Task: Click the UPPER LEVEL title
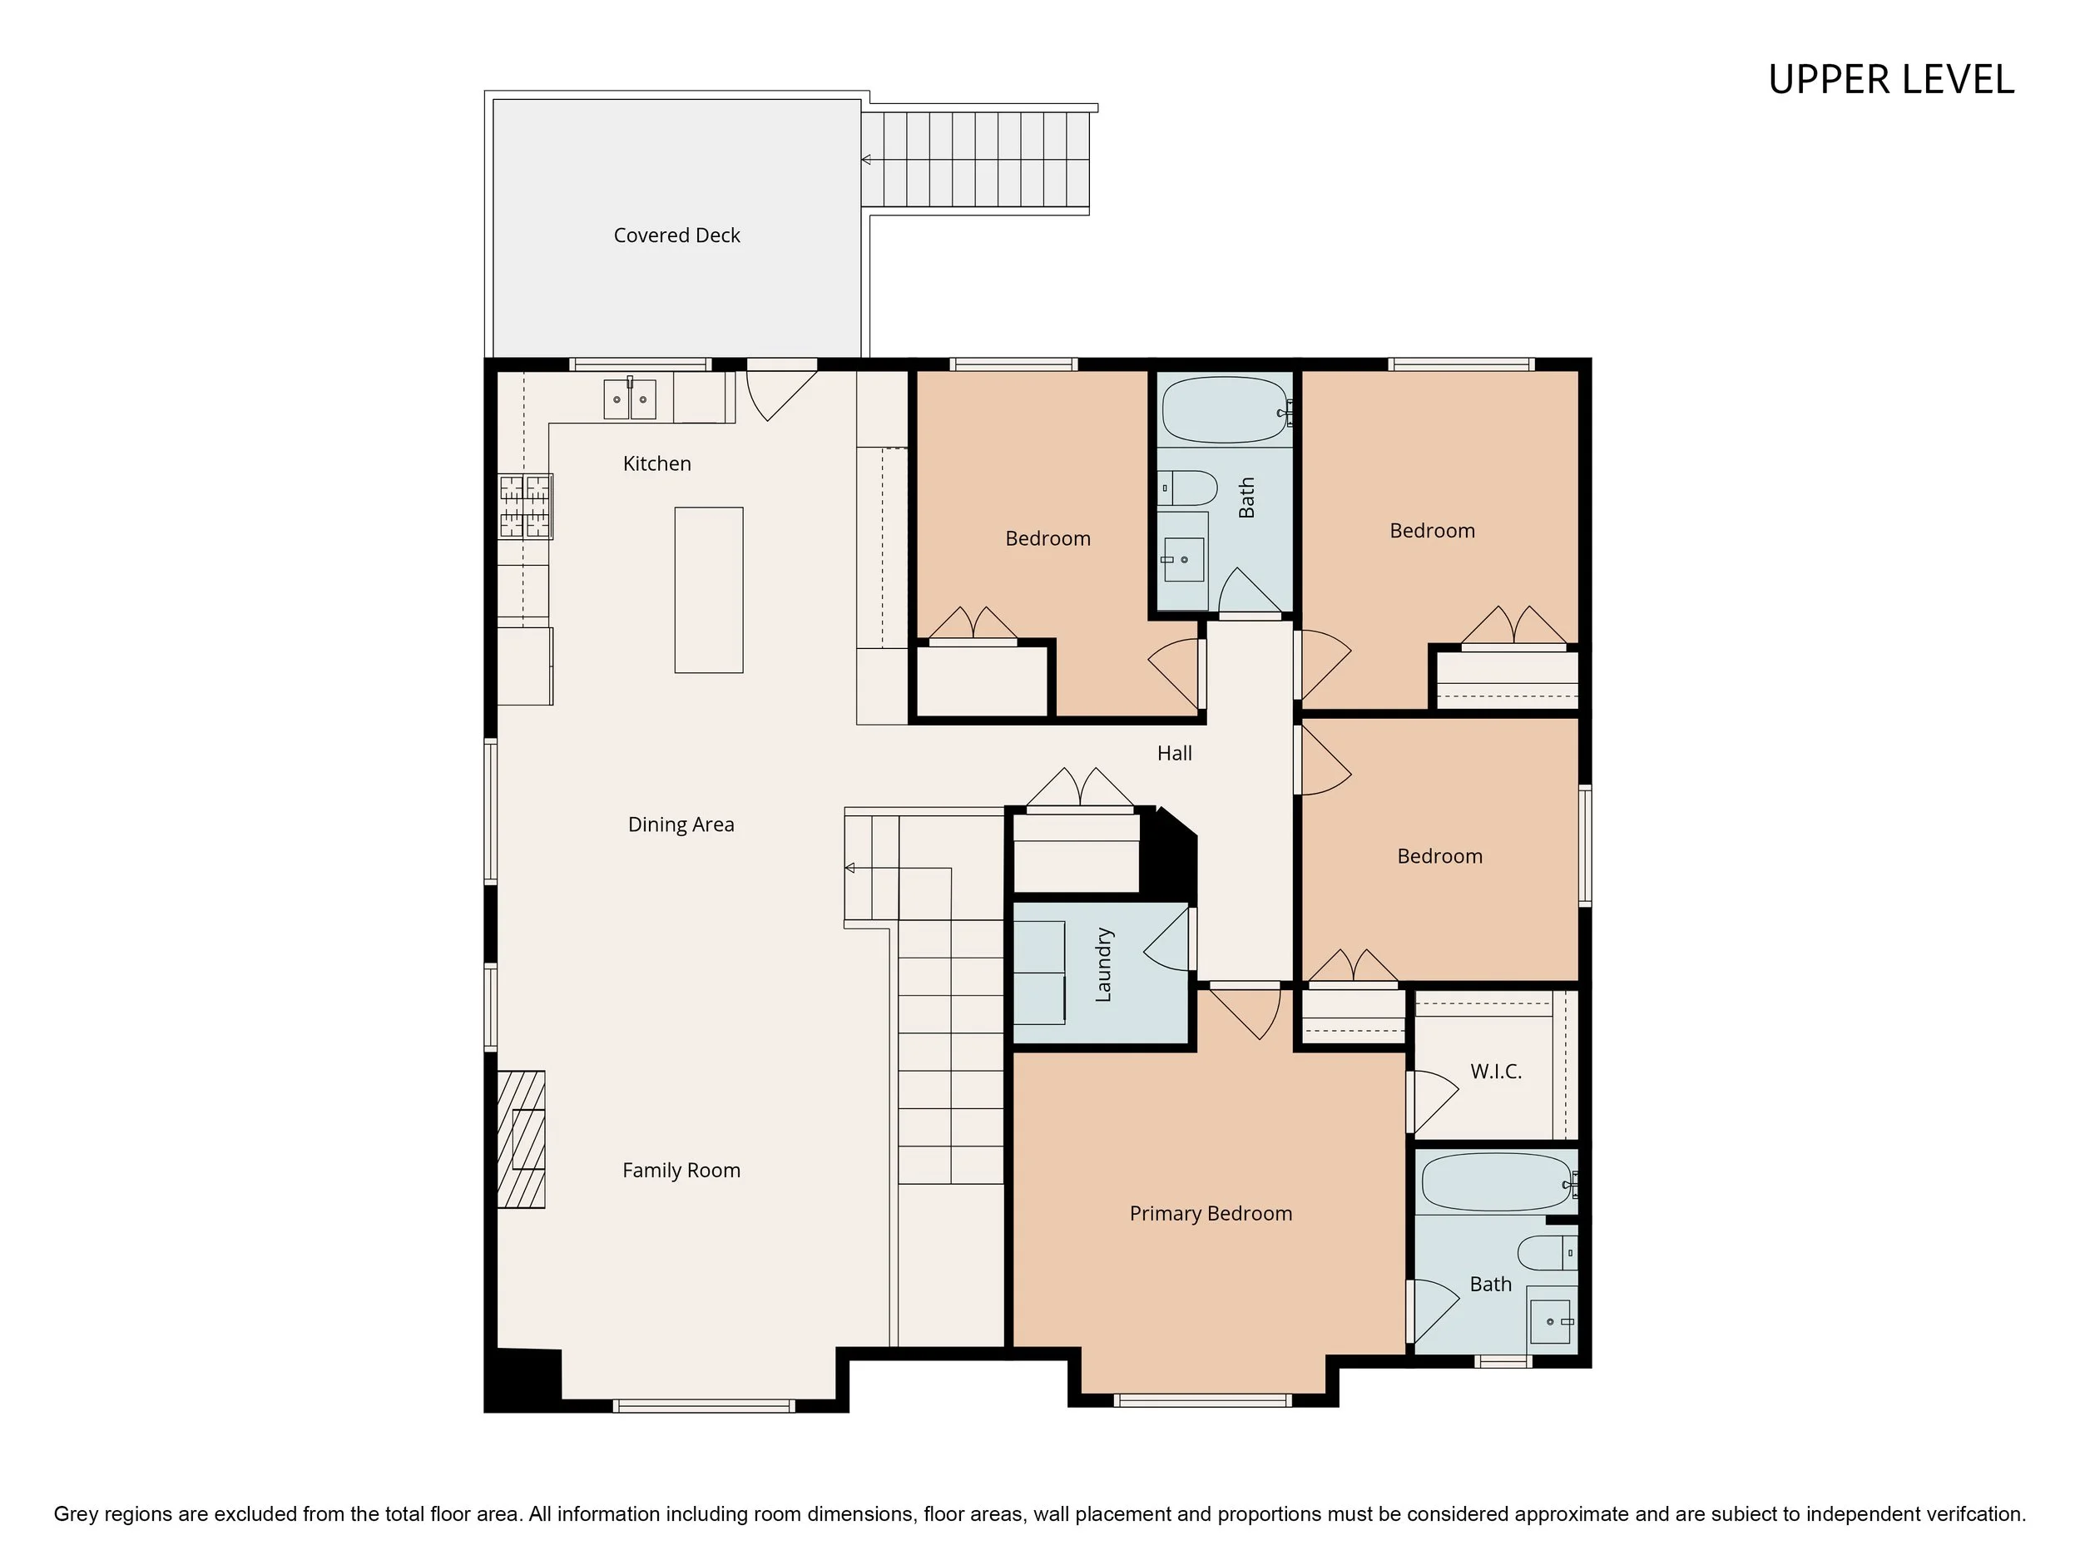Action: click(1891, 80)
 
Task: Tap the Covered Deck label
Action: click(677, 235)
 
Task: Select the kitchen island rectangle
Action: click(709, 591)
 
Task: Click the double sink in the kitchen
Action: click(630, 399)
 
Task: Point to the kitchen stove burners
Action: click(525, 506)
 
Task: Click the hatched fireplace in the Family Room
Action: click(521, 1139)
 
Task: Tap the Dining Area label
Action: click(681, 825)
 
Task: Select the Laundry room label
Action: click(1104, 965)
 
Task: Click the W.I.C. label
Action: click(1496, 1071)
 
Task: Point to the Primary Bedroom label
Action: click(1211, 1213)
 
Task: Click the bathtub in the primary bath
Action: click(1496, 1182)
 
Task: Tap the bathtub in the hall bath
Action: click(1226, 410)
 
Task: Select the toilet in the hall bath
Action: click(1187, 488)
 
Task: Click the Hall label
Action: click(1175, 753)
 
